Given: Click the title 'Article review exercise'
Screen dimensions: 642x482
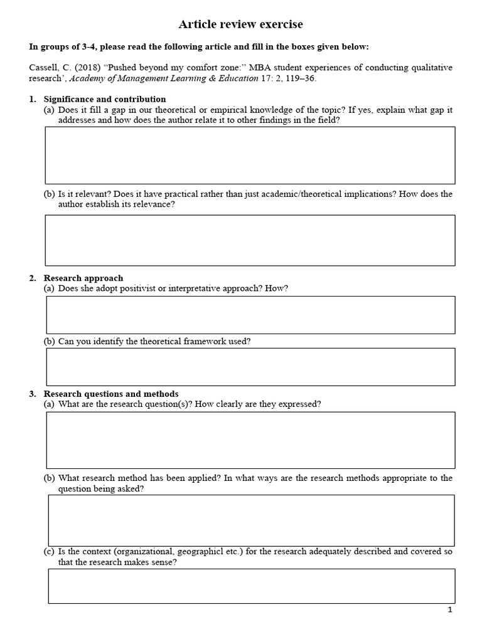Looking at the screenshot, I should coord(240,24).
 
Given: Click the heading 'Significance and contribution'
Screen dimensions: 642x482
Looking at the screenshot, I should coord(104,99).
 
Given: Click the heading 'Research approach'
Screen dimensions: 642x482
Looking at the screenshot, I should coord(83,278).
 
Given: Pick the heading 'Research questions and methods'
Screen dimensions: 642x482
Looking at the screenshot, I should coord(110,394).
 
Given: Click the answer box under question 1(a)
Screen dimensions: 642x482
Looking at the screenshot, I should coord(250,155).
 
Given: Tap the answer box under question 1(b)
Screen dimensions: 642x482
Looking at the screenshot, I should coord(250,240).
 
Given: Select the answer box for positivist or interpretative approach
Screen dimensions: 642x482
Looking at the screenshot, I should coord(250,315).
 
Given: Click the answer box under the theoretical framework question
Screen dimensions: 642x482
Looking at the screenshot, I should coord(250,367).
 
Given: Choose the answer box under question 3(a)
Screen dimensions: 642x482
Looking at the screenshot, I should coord(250,440).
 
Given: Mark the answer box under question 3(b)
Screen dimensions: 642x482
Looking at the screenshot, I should coord(251,520).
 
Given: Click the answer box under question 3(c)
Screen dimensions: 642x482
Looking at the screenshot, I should coord(251,586).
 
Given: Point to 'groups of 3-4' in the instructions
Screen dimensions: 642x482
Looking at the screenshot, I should coord(67,47).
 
